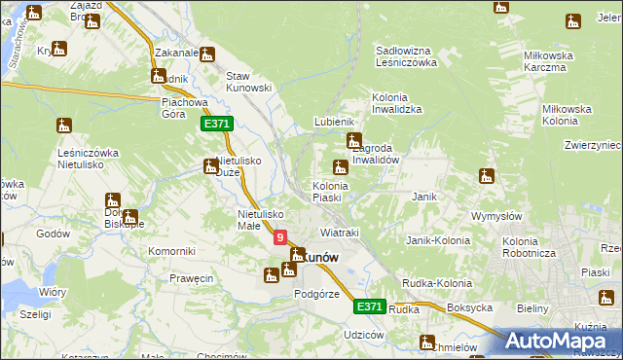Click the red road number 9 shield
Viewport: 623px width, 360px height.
(280, 236)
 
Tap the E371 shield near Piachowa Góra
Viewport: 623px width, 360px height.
(216, 125)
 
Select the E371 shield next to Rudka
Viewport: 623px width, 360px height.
(369, 306)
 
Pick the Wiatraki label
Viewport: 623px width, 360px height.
(340, 234)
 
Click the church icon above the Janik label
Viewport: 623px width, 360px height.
(487, 176)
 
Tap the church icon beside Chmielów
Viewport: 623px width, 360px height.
(426, 342)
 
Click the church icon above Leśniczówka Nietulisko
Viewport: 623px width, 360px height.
(65, 125)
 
